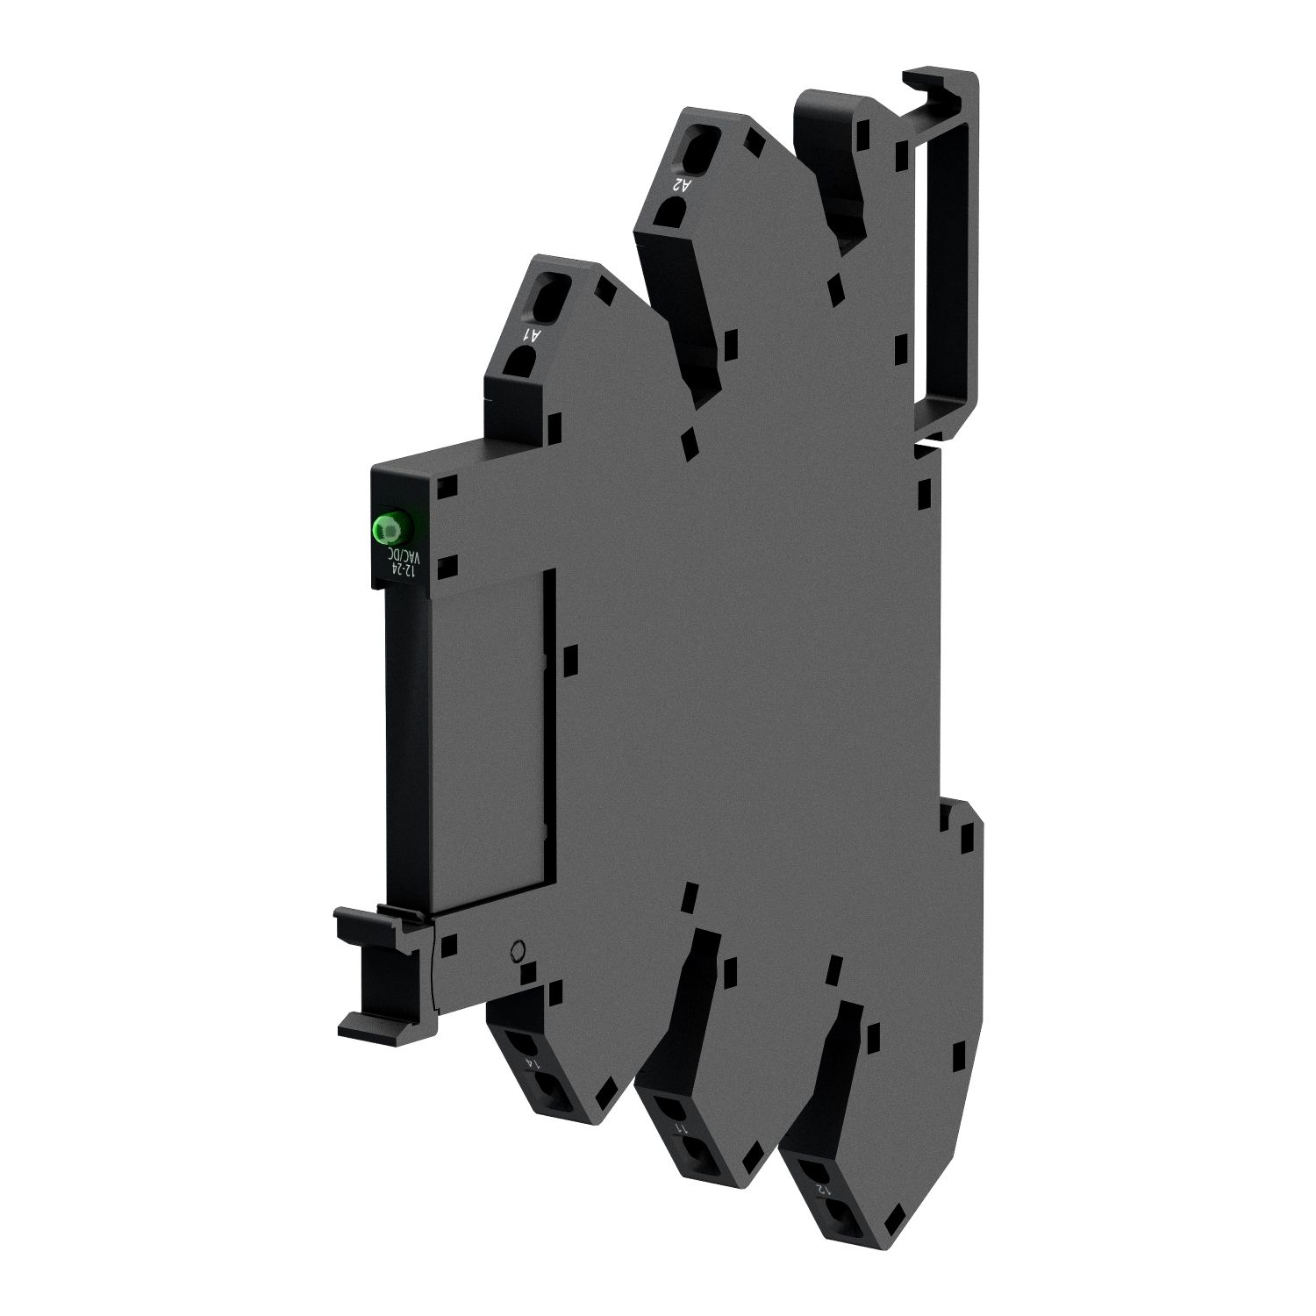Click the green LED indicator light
pyautogui.click(x=390, y=527)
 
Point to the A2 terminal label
pyautogui.click(x=681, y=184)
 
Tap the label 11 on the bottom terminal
pyautogui.click(x=679, y=1128)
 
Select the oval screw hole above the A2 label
pyautogui.click(x=694, y=144)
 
